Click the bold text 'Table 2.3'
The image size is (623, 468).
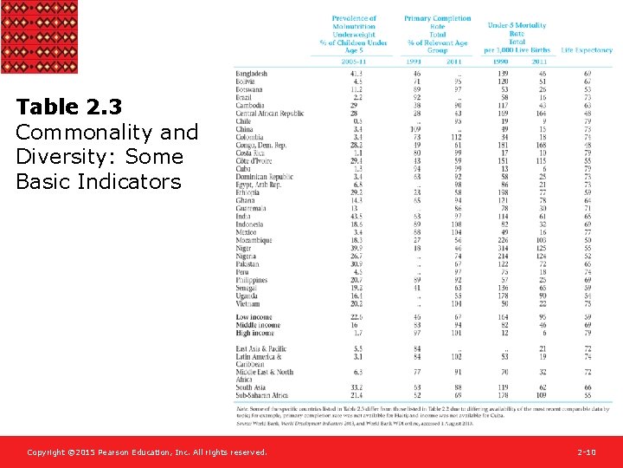tap(68, 107)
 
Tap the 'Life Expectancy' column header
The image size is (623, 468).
tap(587, 51)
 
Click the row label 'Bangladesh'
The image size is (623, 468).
tap(252, 74)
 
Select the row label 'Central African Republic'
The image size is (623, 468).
tap(270, 114)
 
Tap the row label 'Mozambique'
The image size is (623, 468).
tap(254, 241)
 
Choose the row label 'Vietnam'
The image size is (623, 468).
tap(247, 304)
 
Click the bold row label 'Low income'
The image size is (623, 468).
tap(254, 318)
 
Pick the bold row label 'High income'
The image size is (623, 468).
tap(254, 333)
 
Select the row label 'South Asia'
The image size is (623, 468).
tap(252, 387)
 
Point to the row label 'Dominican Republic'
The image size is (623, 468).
tap(265, 177)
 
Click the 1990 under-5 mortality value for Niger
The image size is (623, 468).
tap(504, 249)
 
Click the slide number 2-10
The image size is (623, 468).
tap(586, 452)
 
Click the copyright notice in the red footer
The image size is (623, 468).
tap(146, 452)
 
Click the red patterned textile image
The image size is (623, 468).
tap(38, 36)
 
